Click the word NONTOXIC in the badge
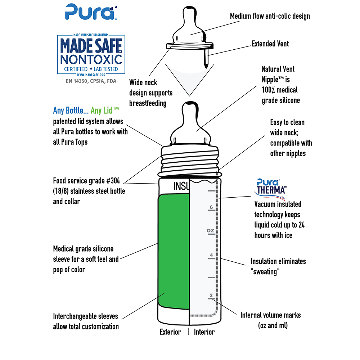[x=91, y=59]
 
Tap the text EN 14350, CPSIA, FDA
[x=91, y=81]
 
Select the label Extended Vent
[x=270, y=44]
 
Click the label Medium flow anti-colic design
[x=270, y=16]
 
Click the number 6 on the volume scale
[x=211, y=207]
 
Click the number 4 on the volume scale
[x=211, y=256]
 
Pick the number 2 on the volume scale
[x=211, y=296]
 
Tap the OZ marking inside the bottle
[x=210, y=230]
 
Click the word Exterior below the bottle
[x=170, y=332]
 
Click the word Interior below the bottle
[x=204, y=332]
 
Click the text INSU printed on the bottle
[x=181, y=186]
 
